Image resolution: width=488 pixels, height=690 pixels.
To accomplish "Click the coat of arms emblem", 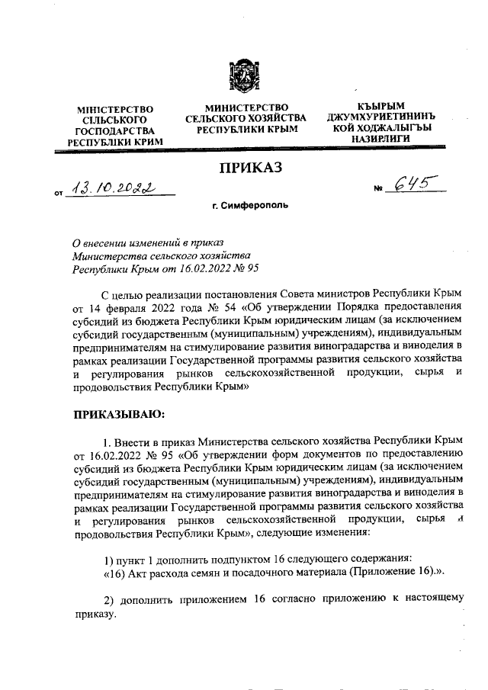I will [245, 75].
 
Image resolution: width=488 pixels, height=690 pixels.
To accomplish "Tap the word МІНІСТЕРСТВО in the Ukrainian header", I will [117, 110].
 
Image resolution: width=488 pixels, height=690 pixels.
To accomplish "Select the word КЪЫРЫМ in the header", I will [381, 106].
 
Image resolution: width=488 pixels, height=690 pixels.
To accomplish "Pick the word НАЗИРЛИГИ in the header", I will [381, 139].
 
